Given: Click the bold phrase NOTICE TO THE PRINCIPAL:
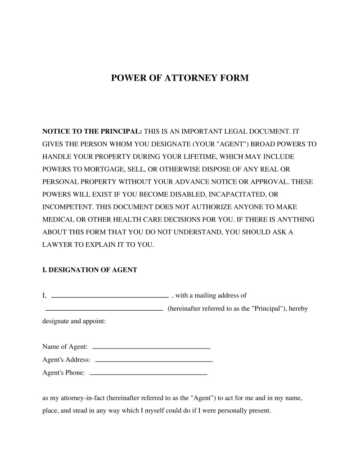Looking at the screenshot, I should (x=92, y=132).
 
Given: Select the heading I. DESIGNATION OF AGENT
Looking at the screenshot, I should (x=90, y=270).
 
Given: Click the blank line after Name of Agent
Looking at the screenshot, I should (x=151, y=348).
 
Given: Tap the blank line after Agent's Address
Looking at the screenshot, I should (x=154, y=362).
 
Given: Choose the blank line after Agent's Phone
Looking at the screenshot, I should (x=148, y=375).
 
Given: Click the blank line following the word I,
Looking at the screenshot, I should (x=110, y=297).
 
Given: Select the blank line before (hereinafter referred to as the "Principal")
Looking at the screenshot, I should (x=104, y=310).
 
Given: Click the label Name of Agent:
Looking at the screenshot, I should (x=65, y=347).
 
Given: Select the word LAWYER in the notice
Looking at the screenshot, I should (x=56, y=245).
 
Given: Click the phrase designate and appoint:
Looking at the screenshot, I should (x=74, y=322).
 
